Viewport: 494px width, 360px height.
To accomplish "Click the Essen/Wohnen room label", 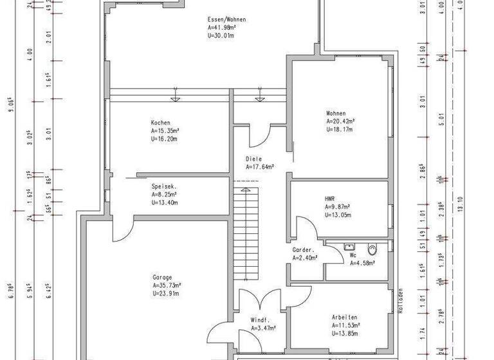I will coord(226,20).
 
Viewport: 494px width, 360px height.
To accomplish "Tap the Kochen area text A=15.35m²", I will coord(165,130).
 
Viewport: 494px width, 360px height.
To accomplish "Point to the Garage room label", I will coord(162,278).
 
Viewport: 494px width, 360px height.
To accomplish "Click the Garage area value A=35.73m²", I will coord(167,285).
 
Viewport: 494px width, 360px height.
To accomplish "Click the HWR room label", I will coord(331,199).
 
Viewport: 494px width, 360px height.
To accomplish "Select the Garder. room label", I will coord(303,250).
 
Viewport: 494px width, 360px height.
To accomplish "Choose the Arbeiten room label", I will coord(345,318).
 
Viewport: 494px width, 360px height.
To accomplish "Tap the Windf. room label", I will coord(260,319).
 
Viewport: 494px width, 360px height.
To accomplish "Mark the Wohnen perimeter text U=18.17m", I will coord(340,129).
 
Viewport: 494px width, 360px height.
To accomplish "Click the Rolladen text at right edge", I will coord(400,300).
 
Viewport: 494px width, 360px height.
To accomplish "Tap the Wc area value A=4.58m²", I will coord(363,262).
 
